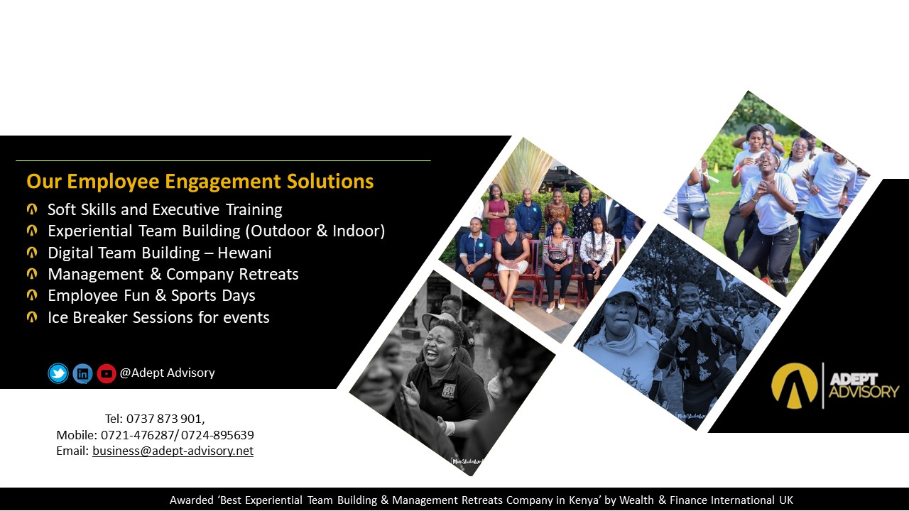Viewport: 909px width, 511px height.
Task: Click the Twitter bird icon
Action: click(x=58, y=373)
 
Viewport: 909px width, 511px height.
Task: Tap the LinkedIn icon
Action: click(x=82, y=373)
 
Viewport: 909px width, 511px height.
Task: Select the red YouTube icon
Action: click(x=107, y=373)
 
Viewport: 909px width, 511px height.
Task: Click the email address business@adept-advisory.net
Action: click(x=173, y=451)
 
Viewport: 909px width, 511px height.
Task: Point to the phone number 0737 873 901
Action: click(x=164, y=419)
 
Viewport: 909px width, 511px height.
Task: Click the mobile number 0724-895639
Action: click(x=217, y=435)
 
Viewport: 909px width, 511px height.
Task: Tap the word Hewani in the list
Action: click(x=244, y=253)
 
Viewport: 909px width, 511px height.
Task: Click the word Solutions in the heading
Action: click(x=330, y=181)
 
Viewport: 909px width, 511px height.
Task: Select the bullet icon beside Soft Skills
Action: click(x=32, y=209)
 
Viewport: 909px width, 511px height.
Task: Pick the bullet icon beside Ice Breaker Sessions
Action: click(x=32, y=317)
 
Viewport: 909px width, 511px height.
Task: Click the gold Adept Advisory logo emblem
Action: click(x=794, y=385)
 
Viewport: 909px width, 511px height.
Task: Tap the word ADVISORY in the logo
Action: click(x=864, y=392)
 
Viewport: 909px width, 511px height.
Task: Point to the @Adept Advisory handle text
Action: click(x=167, y=373)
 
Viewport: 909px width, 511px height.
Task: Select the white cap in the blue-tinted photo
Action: click(x=624, y=289)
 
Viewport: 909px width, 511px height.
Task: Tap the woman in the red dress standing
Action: click(x=496, y=211)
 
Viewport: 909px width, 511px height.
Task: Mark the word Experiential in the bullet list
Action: click(x=90, y=231)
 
